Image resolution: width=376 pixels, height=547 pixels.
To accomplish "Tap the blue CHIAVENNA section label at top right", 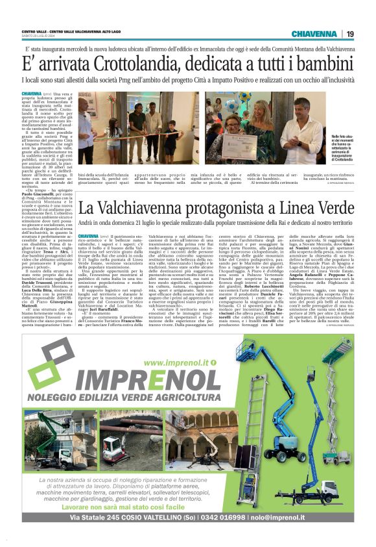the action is click(x=314, y=34).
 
